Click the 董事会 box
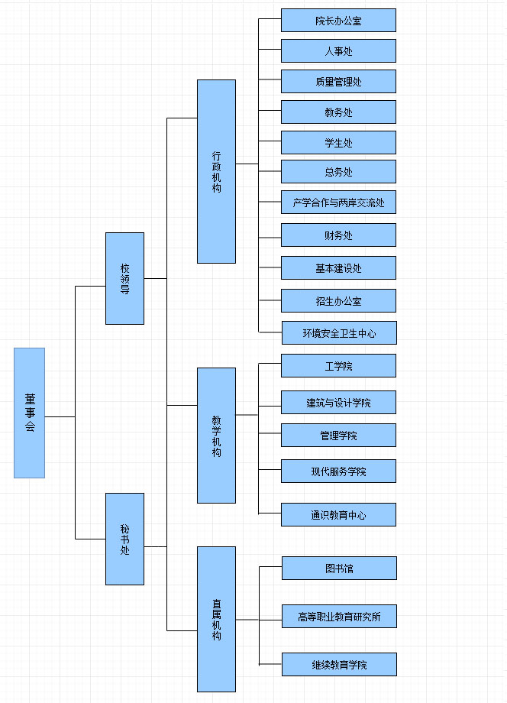coord(29,413)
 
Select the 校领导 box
coord(124,278)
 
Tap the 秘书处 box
coord(124,539)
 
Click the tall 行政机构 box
coord(216,171)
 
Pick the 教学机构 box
coord(216,436)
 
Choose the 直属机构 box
coord(216,619)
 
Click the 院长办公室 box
coord(338,21)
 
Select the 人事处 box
coord(338,51)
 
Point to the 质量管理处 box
coord(338,82)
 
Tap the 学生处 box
coord(338,143)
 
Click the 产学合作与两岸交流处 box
coord(338,202)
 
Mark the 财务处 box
coord(338,235)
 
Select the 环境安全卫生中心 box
coord(339,333)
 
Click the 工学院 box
coord(338,366)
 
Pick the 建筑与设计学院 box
coord(338,403)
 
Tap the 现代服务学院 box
coord(338,471)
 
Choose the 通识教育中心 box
coord(338,515)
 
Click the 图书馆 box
coord(339,569)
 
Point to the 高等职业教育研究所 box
coord(339,616)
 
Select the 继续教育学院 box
coord(339,665)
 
